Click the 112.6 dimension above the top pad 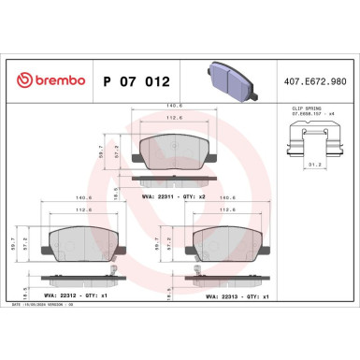pyautogui.click(x=171, y=119)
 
